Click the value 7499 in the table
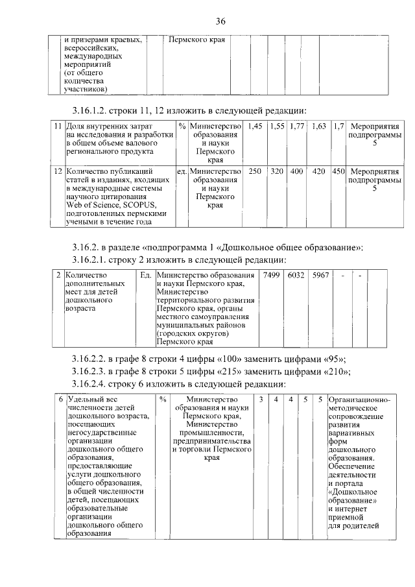coord(270,275)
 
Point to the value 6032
coord(296,275)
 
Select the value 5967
coord(320,275)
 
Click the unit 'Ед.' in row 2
coord(146,275)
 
